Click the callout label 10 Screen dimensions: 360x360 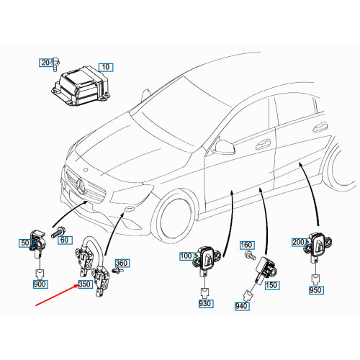tap(107, 68)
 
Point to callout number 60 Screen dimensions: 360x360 tap(63, 239)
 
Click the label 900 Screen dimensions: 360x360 tap(40, 284)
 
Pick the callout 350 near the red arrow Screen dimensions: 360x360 tap(85, 285)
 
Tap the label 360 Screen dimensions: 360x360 tap(122, 264)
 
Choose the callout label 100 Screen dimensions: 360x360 tap(186, 256)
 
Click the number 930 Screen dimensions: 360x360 tap(205, 306)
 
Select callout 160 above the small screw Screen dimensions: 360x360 tap(246, 246)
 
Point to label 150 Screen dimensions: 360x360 tap(271, 285)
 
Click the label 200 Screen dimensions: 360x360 tap(297, 243)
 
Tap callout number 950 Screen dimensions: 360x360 tap(315, 292)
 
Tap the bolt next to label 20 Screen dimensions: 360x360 tap(56, 63)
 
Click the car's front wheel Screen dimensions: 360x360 tap(176, 217)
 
